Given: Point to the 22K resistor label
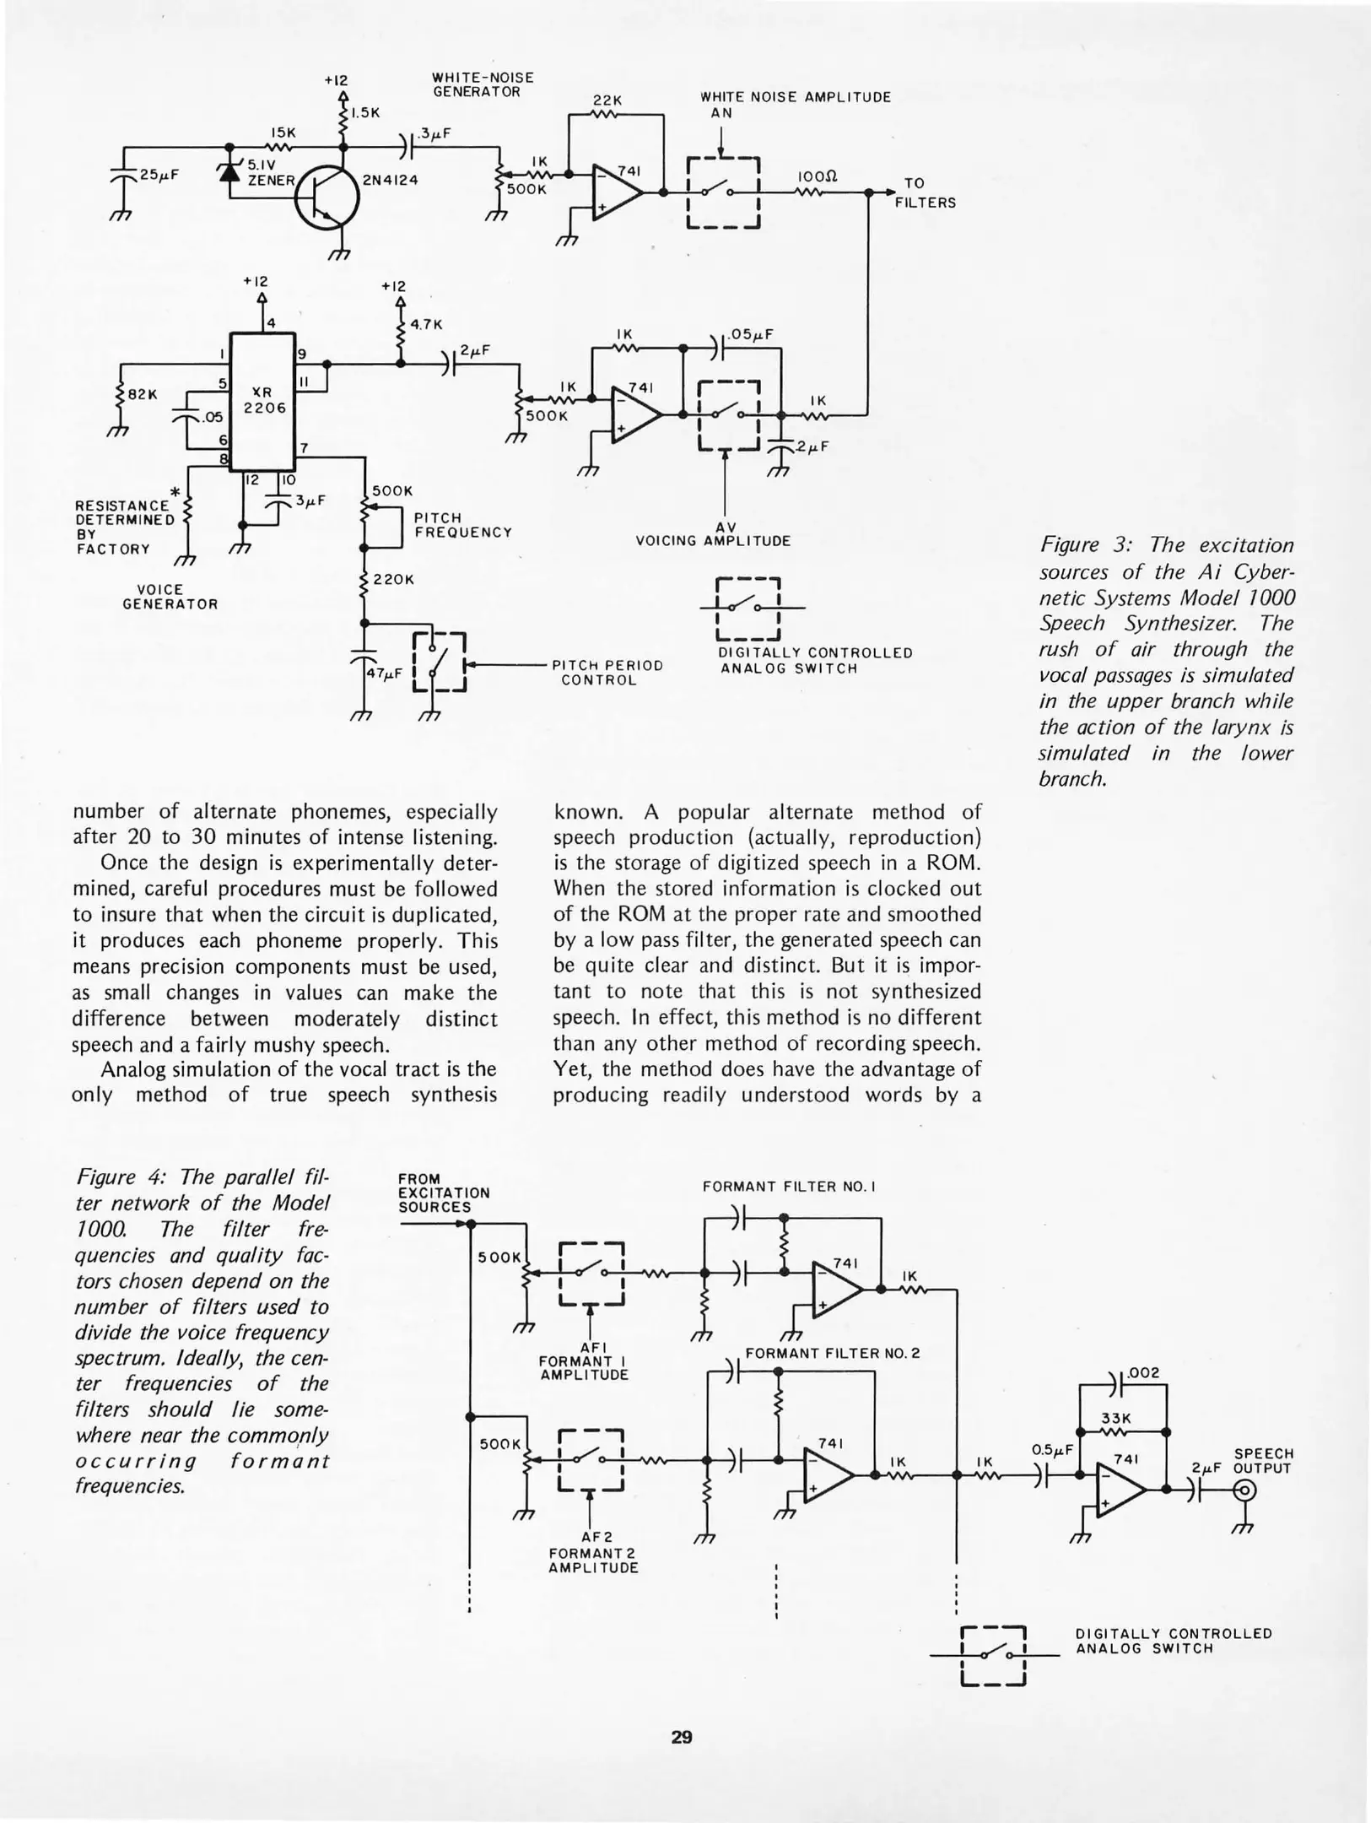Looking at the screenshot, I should point(607,100).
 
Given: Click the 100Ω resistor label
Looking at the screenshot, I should point(816,177).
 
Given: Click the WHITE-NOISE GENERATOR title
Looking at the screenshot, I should point(483,84).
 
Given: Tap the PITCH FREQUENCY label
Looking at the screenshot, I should point(462,525).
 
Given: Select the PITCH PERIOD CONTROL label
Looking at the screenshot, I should point(607,672).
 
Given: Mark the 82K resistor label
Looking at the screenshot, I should point(142,393).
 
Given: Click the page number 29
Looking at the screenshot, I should point(682,1737).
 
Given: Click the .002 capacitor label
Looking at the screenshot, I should point(1143,1373).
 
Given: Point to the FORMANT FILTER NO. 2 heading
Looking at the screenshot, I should point(832,1353).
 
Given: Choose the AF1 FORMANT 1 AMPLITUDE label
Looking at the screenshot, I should point(584,1361).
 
